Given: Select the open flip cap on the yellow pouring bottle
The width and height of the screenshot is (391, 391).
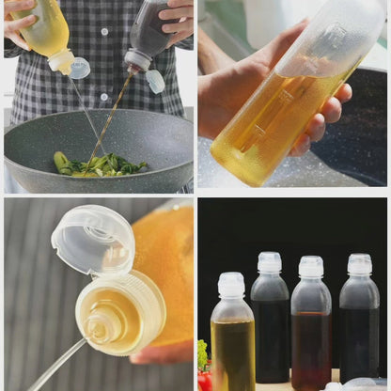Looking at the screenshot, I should (x=79, y=68).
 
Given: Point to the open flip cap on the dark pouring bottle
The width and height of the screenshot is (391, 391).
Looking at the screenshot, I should (x=154, y=81).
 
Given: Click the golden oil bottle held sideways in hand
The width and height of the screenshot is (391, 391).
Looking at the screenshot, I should (x=282, y=103).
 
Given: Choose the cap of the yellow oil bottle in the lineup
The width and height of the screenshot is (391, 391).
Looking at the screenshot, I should (x=231, y=285).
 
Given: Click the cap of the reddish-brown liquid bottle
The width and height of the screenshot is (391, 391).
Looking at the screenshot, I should (x=311, y=267).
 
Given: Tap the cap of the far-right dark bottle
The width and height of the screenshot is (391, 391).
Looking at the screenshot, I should (x=359, y=264).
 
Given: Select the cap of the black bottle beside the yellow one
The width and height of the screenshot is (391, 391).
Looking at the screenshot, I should (x=270, y=262).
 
